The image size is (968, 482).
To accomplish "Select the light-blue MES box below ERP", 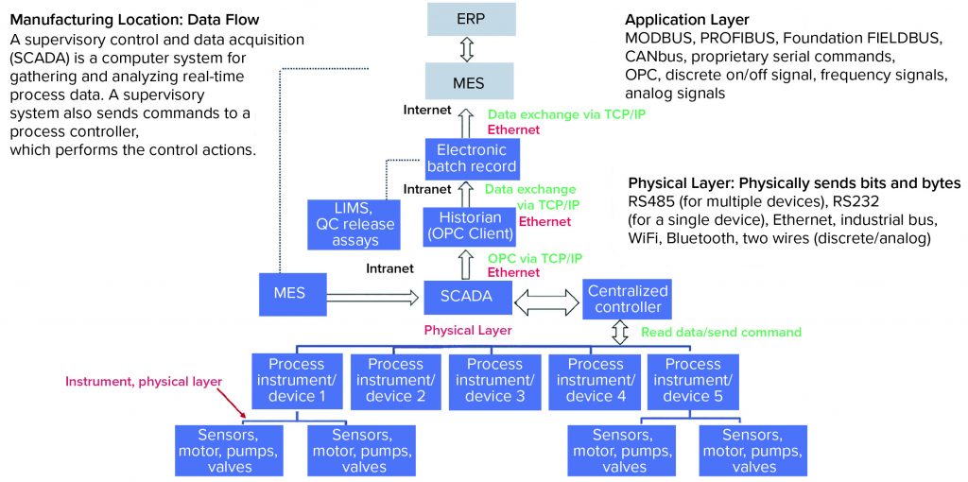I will point(470,82).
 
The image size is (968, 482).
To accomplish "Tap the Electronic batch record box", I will point(471,158).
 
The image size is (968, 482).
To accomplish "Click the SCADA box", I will point(465,296).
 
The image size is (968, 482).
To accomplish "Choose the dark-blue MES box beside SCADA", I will point(289,293).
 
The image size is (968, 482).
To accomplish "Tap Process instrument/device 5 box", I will point(693,380).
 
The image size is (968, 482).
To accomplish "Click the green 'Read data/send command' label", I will point(720,332).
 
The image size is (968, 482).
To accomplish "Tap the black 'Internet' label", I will point(426,111).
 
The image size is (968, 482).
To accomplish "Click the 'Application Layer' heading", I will point(686,20).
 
